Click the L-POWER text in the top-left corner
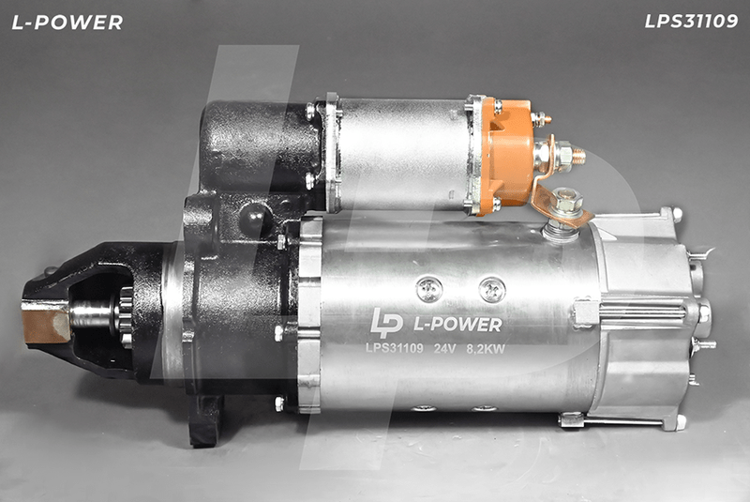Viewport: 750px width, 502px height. point(67,23)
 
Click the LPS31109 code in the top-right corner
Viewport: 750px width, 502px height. point(691,21)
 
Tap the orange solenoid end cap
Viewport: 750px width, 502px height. point(508,154)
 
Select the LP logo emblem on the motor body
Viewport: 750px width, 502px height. point(386,322)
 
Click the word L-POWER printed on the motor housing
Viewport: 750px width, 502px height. point(457,325)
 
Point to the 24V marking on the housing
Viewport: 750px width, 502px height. point(444,349)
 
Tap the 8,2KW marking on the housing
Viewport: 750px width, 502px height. point(486,349)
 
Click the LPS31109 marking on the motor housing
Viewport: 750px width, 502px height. point(395,348)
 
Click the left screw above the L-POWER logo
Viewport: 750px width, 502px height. point(429,289)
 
